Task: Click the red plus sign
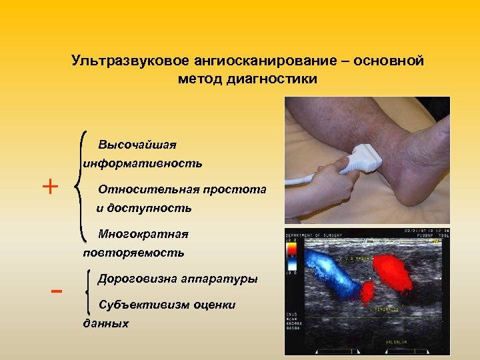(x=50, y=186)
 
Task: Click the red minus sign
(x=57, y=291)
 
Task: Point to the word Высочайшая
(x=137, y=145)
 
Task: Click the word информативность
(x=143, y=163)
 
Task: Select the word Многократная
(x=143, y=234)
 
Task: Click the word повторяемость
(x=133, y=253)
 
